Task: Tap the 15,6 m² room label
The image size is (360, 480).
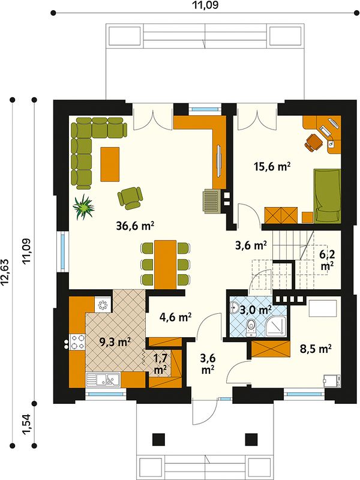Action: pos(272,166)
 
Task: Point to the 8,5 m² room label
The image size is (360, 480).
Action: pos(316,349)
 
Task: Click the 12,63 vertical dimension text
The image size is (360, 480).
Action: pos(7,273)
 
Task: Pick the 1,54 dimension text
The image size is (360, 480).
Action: pos(26,424)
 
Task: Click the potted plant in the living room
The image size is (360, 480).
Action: pos(83,207)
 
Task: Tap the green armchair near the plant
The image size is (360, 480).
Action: pos(130,198)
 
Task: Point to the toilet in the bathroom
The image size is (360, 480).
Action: pos(251,328)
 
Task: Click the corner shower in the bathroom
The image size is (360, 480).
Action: pos(276,326)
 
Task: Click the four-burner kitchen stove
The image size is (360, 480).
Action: pos(77,342)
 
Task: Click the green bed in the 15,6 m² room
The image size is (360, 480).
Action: pos(327,196)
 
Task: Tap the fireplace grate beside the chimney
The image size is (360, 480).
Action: pos(212,201)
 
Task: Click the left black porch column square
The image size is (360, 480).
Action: pos(158,439)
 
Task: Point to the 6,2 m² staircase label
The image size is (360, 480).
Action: pos(326,260)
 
